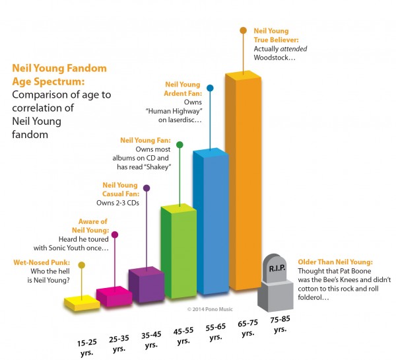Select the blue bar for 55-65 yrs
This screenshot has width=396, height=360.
pos(210,225)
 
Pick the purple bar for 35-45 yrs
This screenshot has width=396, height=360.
pos(146,285)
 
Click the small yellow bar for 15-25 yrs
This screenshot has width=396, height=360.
pos(82,303)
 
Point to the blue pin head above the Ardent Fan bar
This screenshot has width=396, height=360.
pos(210,87)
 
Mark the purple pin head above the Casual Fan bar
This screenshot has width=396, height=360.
pos(147,188)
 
